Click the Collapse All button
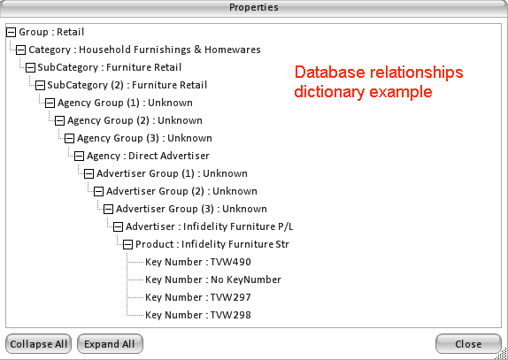39,344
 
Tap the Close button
468,344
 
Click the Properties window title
254,7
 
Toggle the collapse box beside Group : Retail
11,32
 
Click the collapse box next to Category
20,50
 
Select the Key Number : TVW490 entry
198,262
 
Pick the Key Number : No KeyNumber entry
213,280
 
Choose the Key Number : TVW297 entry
198,297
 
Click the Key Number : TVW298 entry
198,315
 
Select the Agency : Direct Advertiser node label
148,156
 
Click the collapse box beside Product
127,244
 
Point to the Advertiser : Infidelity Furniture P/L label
209,226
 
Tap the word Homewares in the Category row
233,50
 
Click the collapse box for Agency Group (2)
59,121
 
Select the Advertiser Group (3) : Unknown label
191,209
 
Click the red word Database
330,72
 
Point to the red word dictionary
329,92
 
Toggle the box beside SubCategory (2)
40,85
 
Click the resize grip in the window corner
502,354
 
